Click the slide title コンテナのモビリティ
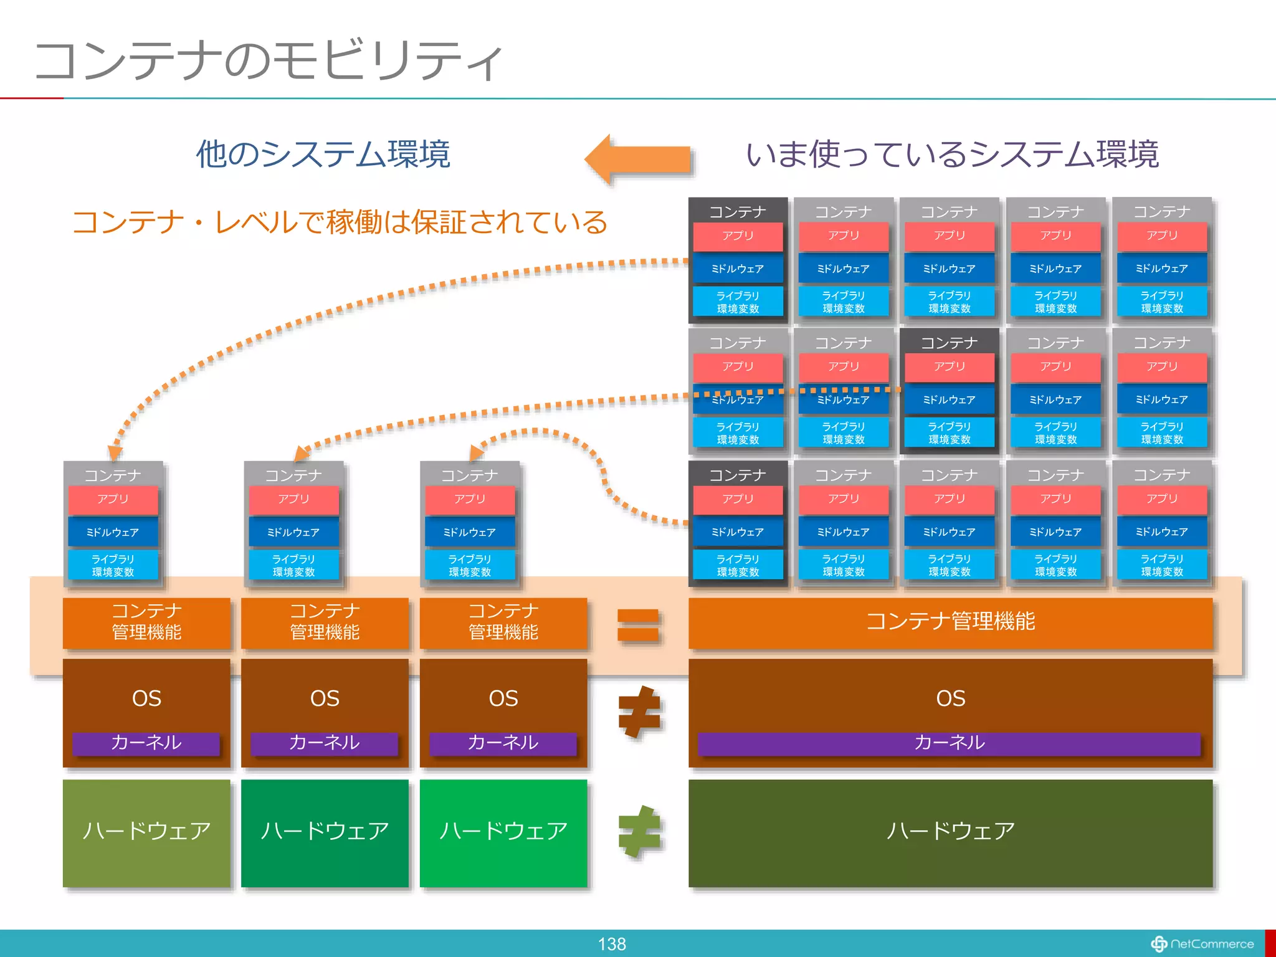pos(268,60)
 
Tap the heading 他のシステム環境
pos(323,154)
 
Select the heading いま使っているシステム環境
pos(951,155)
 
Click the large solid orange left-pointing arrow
pos(639,159)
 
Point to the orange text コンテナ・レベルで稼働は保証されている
pos(340,222)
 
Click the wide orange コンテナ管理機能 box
pos(950,622)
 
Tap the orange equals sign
pos(638,625)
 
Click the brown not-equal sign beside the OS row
pos(639,712)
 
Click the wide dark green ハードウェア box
pos(950,833)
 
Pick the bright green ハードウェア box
pos(503,833)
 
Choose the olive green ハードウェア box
pos(146,833)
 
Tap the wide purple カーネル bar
pos(949,743)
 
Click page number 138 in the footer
pos(611,944)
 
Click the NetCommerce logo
pos(1202,944)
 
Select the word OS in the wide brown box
pos(950,698)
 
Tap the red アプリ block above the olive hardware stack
pos(113,500)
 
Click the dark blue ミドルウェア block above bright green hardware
pos(470,533)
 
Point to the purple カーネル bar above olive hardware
pos(146,743)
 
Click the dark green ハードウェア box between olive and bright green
pos(325,833)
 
